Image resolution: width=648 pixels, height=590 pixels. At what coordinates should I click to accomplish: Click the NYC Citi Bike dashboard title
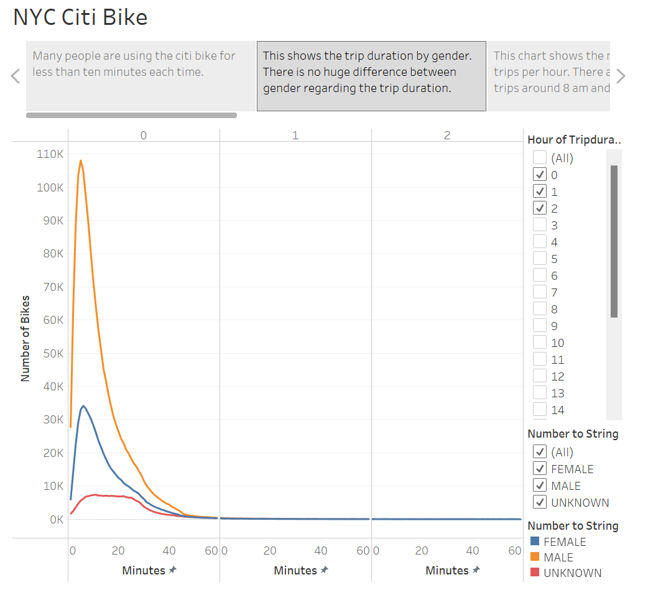(80, 17)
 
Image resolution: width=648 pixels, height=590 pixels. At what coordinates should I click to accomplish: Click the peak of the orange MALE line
(80, 160)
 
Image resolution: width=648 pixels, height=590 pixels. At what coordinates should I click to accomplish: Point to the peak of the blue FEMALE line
(83, 406)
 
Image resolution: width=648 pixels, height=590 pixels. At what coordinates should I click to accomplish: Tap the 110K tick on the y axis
(50, 154)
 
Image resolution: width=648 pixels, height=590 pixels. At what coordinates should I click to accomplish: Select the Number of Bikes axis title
(25, 338)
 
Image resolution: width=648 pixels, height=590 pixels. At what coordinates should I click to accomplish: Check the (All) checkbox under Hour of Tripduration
(540, 158)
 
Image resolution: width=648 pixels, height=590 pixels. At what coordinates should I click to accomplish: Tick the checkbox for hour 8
(540, 309)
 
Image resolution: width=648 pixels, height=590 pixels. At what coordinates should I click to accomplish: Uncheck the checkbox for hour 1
(540, 191)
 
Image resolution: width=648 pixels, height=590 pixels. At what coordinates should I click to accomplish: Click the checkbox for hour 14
(540, 410)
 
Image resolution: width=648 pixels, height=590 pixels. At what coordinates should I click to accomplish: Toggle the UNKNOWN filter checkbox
(540, 502)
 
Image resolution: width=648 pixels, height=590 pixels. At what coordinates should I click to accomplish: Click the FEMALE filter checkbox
(540, 469)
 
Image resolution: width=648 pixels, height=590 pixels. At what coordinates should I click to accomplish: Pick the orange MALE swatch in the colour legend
(534, 558)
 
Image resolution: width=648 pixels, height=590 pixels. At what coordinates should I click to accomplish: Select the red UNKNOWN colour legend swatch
(534, 573)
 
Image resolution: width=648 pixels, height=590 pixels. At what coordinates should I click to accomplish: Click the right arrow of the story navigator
(621, 76)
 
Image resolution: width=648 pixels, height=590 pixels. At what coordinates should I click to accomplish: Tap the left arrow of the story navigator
(16, 76)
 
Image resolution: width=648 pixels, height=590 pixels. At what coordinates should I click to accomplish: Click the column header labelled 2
(447, 135)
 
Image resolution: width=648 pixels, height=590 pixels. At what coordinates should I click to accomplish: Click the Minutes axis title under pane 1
(295, 570)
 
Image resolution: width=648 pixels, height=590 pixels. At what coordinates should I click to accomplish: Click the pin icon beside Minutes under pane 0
(172, 570)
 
